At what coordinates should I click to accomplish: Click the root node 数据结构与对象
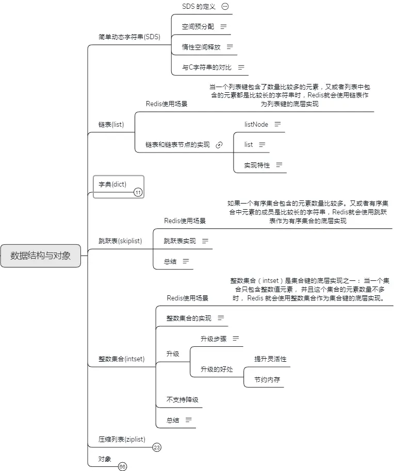41,256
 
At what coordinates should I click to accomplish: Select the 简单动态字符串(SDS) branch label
129,37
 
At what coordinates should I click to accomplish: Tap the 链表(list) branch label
111,125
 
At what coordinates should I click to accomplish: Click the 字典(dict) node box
112,184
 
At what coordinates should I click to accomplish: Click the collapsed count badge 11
138,193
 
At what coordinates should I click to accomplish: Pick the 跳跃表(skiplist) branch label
120,241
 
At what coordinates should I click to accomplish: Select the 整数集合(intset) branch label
122,359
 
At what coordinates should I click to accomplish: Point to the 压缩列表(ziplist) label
122,439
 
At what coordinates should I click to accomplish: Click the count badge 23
157,447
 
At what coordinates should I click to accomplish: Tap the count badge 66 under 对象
122,466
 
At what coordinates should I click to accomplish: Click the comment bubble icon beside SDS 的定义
224,7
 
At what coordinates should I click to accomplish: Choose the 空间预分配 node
197,26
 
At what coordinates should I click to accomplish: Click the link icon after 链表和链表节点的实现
219,145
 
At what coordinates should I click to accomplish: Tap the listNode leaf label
256,124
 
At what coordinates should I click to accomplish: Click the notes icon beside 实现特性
279,165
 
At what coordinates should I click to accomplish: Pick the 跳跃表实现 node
179,241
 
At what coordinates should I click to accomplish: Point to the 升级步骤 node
213,339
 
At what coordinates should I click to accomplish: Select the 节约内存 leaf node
267,380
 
